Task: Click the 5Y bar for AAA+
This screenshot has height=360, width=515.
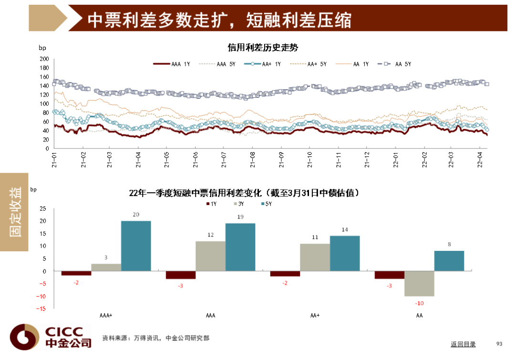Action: point(136,246)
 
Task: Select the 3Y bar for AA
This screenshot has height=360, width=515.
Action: point(419,283)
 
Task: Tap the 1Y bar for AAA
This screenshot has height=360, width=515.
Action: point(181,275)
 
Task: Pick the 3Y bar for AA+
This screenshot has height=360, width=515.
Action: point(315,257)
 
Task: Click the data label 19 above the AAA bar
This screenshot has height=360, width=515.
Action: point(240,217)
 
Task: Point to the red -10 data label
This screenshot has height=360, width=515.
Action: point(419,303)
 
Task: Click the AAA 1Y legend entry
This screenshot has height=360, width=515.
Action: point(172,64)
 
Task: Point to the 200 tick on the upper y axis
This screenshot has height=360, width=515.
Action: point(44,59)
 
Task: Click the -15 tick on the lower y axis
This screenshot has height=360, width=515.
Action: point(42,309)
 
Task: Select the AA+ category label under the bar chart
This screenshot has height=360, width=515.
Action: point(315,315)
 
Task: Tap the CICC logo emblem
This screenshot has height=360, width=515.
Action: point(24,336)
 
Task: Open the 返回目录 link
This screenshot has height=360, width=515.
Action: point(463,344)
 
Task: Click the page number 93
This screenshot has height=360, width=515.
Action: point(500,344)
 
